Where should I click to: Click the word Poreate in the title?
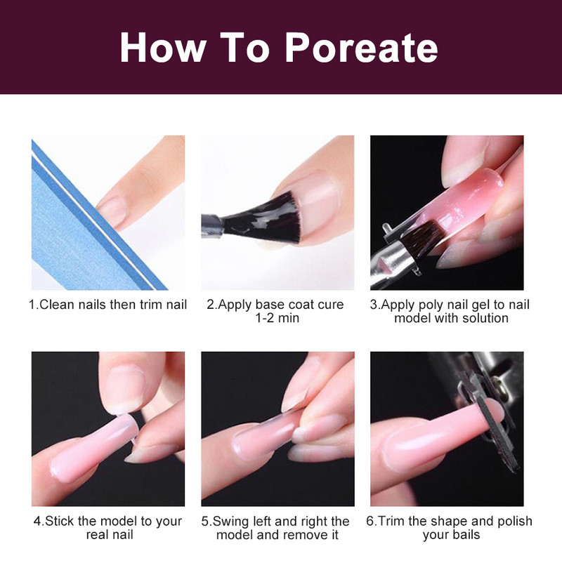coord(362,48)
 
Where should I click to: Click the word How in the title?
coord(162,48)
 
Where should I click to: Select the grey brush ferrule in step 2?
coord(212,225)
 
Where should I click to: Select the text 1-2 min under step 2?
coord(277,318)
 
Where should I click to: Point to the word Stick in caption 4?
coord(59,521)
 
